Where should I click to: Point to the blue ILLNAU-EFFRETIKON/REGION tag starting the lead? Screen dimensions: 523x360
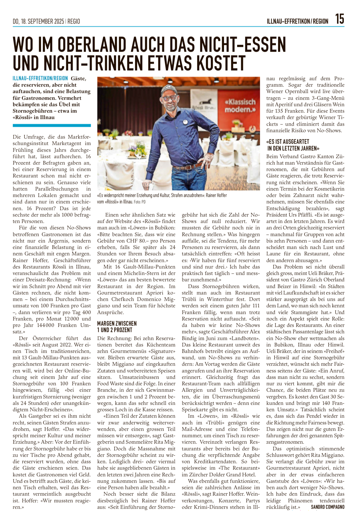(x=40, y=79)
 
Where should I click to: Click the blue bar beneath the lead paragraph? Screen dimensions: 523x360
(x=52, y=125)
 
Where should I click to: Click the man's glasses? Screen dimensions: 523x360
(x=169, y=98)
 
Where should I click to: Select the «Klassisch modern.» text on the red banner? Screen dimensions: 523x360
(x=240, y=105)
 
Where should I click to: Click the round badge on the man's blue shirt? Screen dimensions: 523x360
(x=185, y=121)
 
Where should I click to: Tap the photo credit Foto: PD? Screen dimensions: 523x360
(x=140, y=202)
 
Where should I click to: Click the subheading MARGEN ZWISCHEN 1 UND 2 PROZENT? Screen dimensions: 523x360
(x=117, y=326)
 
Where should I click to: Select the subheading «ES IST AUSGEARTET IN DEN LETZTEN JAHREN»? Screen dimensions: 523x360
(x=292, y=145)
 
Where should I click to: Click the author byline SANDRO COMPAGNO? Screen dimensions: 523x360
(x=327, y=507)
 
